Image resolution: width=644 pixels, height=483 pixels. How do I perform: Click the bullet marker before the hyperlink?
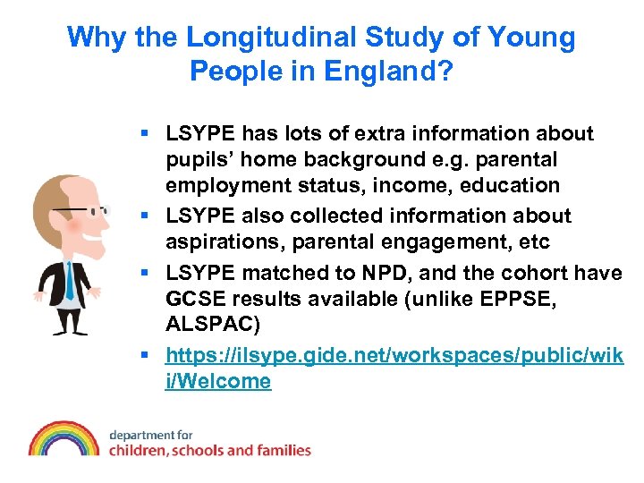coord(146,355)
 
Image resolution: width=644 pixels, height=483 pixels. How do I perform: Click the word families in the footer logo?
coord(282,451)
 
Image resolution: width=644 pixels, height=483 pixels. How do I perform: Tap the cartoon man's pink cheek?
coord(73,225)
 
